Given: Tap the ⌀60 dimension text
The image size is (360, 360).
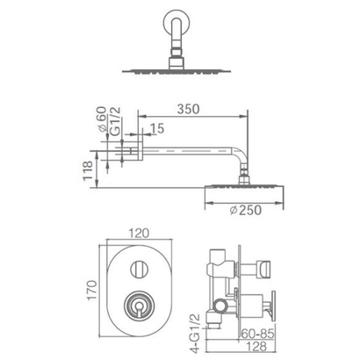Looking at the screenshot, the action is click(x=102, y=119).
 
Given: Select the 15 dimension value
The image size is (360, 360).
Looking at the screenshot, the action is click(x=158, y=128).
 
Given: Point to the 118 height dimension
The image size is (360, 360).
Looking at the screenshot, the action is click(x=88, y=171).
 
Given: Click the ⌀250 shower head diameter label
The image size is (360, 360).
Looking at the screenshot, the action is click(x=246, y=210).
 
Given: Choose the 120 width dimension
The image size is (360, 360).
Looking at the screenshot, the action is click(x=140, y=233).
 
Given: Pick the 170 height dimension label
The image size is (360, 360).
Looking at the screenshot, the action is click(x=91, y=290).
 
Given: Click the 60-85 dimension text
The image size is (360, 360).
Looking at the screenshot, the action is click(x=258, y=334).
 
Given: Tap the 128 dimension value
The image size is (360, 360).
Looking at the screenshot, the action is click(x=256, y=347).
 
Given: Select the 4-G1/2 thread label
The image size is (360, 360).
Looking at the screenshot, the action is click(x=195, y=333).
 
